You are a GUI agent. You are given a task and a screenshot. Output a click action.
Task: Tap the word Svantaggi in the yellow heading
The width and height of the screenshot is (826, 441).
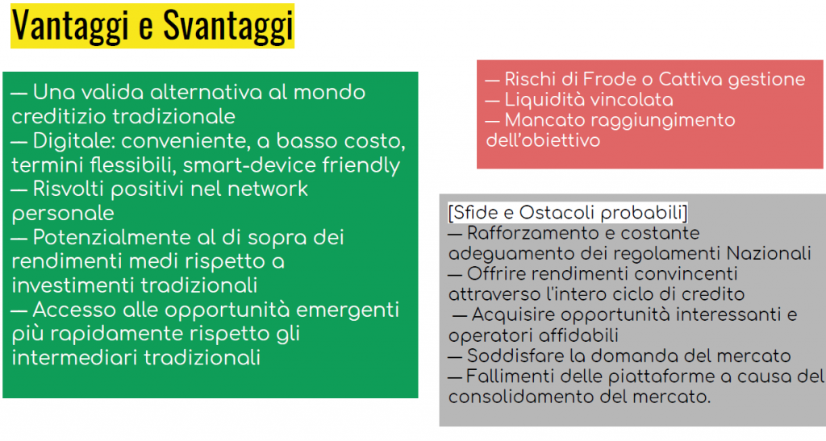(x=227, y=25)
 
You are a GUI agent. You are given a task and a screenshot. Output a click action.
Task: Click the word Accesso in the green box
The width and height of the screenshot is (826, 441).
(x=75, y=310)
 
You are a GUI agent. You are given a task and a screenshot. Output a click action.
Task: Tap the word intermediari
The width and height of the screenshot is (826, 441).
(x=75, y=358)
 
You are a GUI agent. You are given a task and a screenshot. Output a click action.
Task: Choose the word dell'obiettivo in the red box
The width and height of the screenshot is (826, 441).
(x=543, y=140)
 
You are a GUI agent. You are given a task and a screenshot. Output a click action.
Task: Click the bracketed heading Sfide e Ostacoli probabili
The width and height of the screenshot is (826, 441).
(x=567, y=213)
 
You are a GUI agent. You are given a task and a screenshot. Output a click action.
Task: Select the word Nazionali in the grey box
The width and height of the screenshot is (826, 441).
(x=769, y=254)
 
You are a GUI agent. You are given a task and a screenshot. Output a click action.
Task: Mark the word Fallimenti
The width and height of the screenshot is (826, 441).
(x=510, y=377)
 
